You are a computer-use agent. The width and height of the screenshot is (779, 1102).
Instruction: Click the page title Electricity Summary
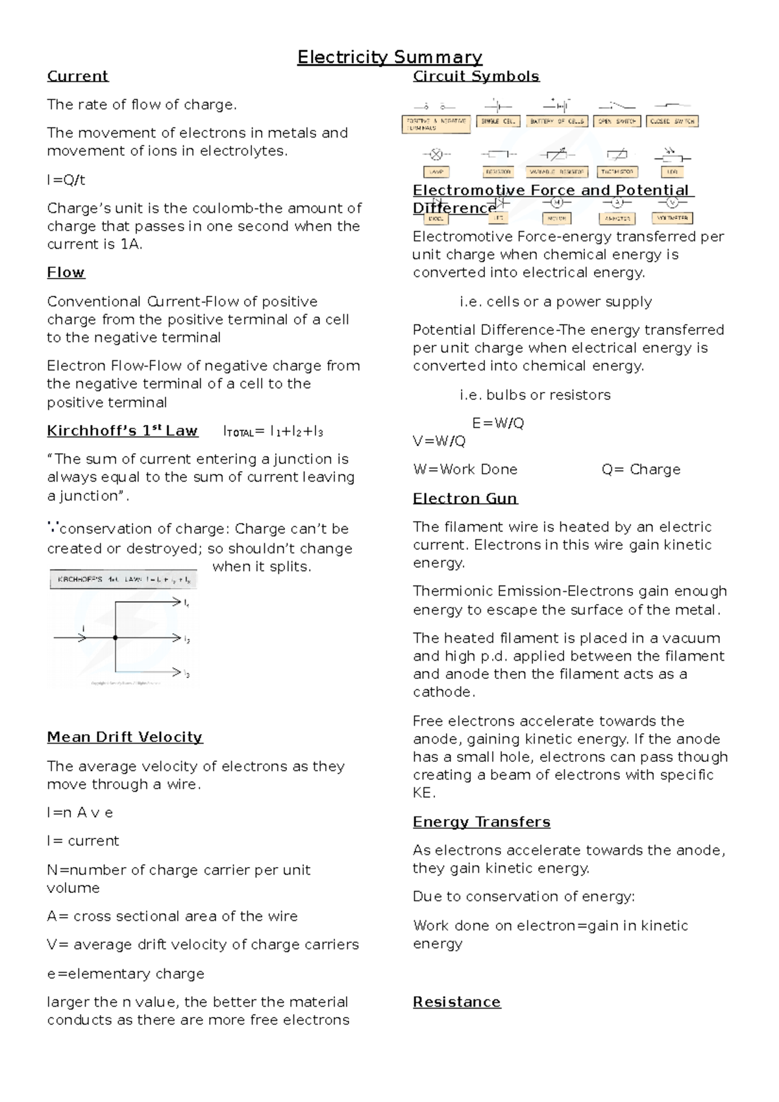point(389,58)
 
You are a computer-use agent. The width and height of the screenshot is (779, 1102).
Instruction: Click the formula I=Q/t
point(66,180)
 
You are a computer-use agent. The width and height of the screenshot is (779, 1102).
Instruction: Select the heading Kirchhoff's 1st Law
point(122,431)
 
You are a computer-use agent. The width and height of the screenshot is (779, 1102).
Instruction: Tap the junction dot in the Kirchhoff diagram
point(115,638)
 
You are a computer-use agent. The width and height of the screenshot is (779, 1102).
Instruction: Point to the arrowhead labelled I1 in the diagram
point(176,602)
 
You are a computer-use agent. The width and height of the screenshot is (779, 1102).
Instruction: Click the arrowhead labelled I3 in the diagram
point(176,672)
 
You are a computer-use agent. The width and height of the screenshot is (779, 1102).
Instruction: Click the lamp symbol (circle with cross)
point(437,155)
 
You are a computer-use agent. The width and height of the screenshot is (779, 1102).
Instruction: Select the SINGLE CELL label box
point(498,121)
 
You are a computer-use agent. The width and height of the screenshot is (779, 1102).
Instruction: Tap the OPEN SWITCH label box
point(617,121)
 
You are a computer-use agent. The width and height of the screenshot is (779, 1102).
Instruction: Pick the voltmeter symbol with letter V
point(673,203)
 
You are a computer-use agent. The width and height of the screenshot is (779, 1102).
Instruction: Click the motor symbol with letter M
point(556,203)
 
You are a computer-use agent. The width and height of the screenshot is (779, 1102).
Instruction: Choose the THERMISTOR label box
point(617,172)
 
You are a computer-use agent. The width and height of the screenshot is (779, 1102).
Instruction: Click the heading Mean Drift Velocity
point(125,737)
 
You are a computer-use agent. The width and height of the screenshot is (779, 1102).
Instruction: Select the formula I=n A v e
point(80,813)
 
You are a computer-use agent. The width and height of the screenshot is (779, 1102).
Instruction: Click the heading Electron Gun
point(465,498)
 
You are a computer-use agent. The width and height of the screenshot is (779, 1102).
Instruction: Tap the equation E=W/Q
point(498,423)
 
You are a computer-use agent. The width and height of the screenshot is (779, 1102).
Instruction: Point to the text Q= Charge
point(641,469)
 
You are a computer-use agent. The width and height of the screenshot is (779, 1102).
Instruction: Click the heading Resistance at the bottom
point(456,1002)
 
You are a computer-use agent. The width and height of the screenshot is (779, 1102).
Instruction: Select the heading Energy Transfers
point(481,822)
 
